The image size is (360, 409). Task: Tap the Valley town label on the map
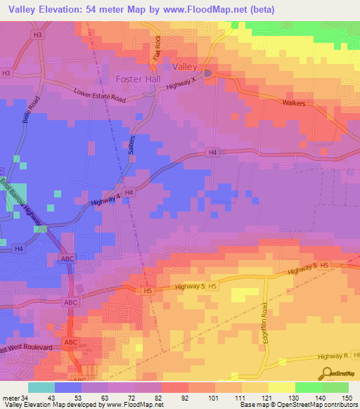click(x=185, y=65)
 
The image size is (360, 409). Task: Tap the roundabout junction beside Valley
click(x=208, y=72)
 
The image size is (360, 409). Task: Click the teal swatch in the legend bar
click(x=41, y=387)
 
